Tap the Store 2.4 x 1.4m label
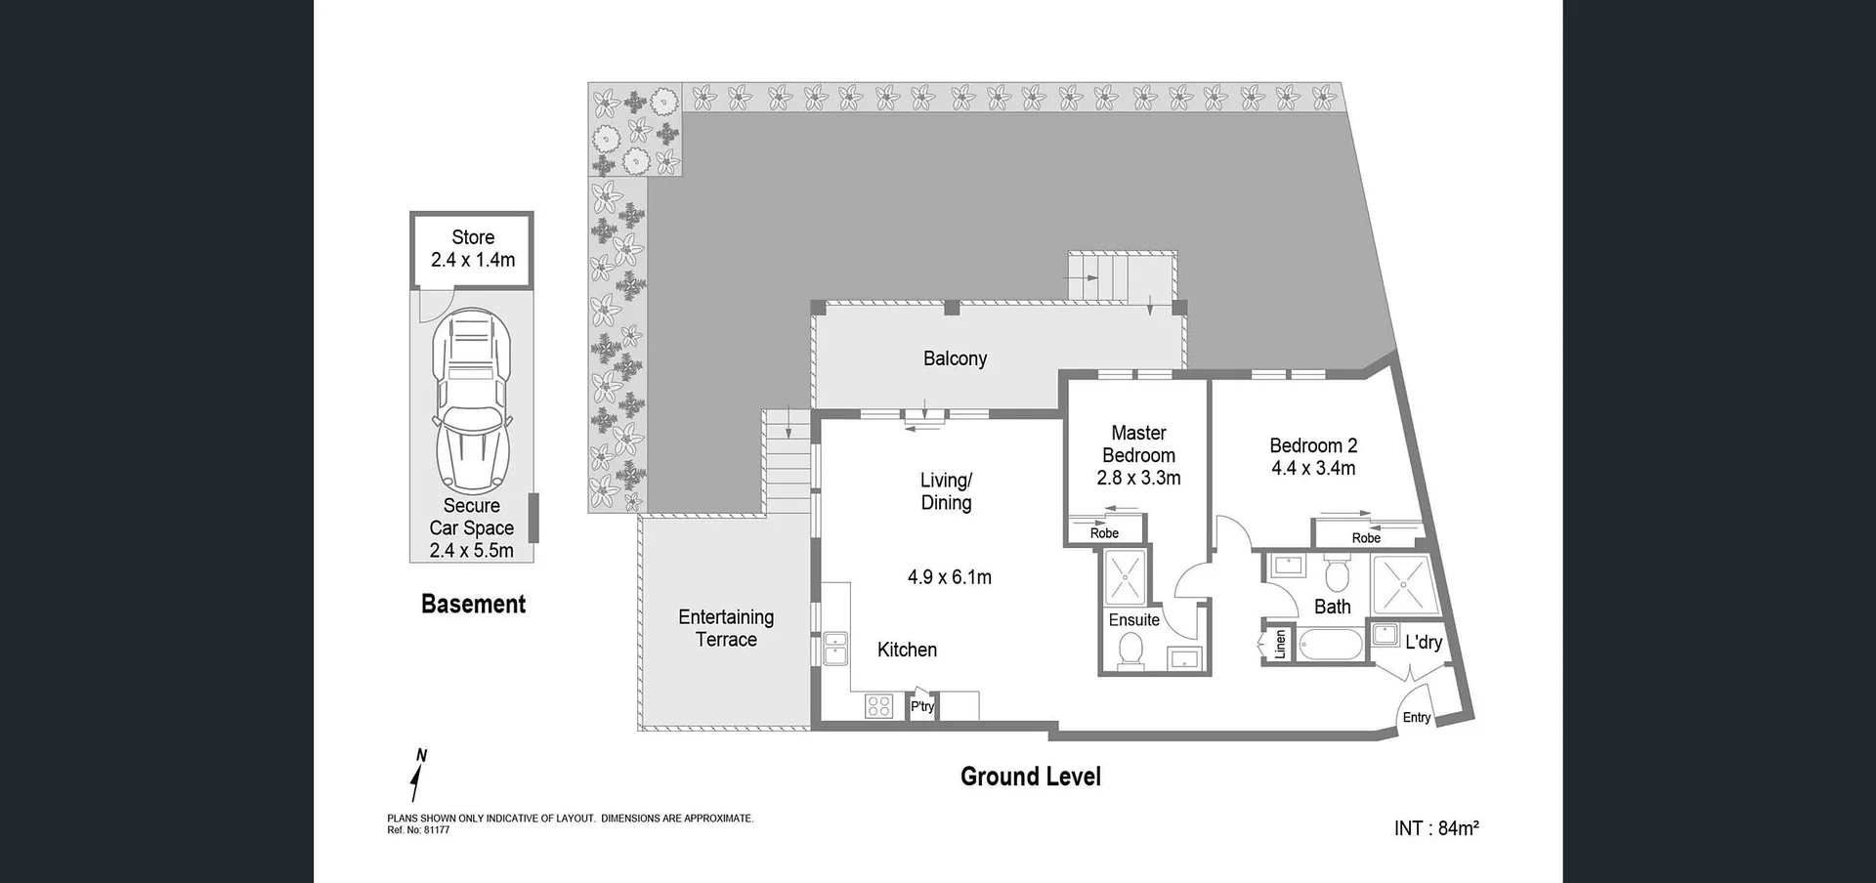pos(473,249)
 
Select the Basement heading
pos(473,605)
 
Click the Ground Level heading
pos(1030,777)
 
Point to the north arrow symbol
pos(419,777)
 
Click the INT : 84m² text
pos(1435,828)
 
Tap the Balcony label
pos(955,358)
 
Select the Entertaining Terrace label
pos(726,628)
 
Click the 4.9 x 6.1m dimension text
pos(949,577)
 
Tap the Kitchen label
pos(907,650)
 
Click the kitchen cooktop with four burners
pos(878,705)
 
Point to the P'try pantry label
pos(922,706)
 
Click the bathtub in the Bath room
pos(1330,645)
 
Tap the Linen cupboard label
pos(1280,645)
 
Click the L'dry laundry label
pos(1424,642)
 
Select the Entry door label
pos(1416,717)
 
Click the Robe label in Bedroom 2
pos(1366,538)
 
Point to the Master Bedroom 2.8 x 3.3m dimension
pos(1138,479)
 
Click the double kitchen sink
pos(835,649)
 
